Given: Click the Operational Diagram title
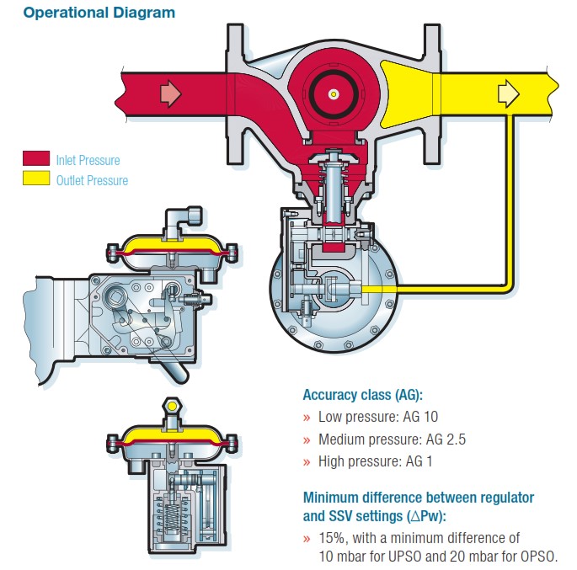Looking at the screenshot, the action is tap(99, 13).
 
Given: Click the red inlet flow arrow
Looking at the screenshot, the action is tap(170, 93).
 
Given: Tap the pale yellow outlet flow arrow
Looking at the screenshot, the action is tap(508, 93).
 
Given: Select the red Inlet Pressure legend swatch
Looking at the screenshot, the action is tap(36, 158).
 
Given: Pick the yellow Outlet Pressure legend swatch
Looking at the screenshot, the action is tap(36, 178).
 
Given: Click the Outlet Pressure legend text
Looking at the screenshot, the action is tap(92, 180).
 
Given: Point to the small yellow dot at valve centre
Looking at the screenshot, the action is tap(334, 94).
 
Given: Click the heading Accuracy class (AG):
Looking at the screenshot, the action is tap(363, 395).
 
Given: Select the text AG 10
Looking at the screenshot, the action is tap(420, 417).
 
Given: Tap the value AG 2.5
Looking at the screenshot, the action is tap(446, 439).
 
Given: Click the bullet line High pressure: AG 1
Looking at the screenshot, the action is tap(376, 461).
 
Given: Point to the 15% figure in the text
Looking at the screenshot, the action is tap(333, 538).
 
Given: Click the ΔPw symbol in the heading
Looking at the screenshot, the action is tap(426, 516).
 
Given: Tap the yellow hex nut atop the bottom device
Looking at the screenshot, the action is tap(172, 406).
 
